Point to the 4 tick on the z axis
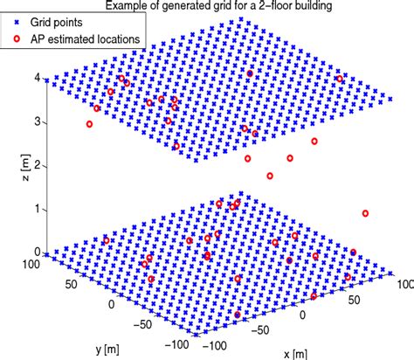tap(37, 78)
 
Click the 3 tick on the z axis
tap(37, 121)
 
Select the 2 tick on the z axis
tap(37, 165)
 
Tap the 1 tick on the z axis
tap(37, 209)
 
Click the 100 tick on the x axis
tap(403, 284)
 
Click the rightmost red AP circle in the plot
tap(365, 213)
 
